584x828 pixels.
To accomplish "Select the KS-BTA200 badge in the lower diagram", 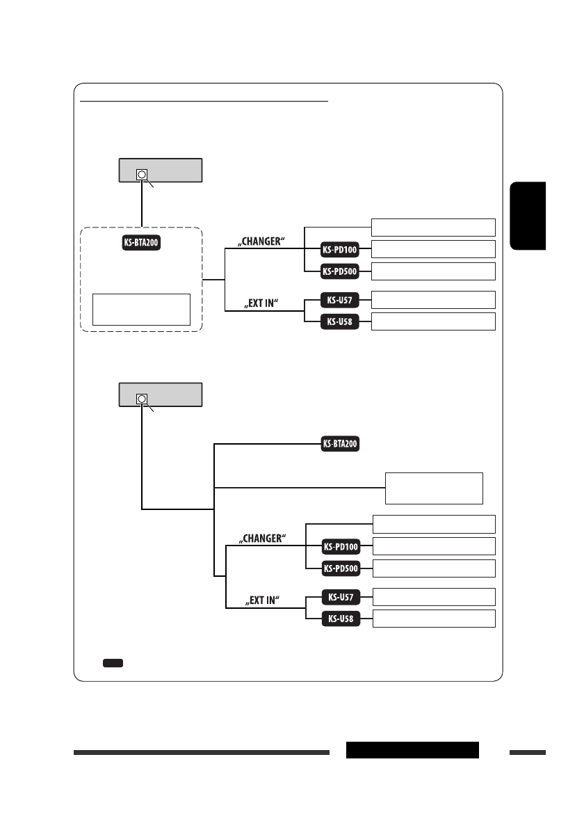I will (341, 445).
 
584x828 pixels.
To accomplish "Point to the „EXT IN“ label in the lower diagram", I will (261, 599).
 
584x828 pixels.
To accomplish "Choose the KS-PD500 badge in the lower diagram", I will (341, 568).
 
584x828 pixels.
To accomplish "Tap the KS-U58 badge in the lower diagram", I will (341, 619).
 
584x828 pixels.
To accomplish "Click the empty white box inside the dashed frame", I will (141, 309).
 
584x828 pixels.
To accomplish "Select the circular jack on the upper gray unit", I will (142, 174).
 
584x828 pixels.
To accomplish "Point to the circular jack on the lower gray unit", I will (142, 399).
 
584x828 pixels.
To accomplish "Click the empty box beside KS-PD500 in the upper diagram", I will (433, 271).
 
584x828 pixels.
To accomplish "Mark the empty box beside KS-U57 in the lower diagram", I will (434, 596).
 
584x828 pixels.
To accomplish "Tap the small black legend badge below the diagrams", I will (113, 663).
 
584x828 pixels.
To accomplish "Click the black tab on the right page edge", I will (528, 216).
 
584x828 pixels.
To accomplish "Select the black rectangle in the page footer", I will (412, 750).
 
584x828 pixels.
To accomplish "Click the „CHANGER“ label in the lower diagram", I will (263, 539).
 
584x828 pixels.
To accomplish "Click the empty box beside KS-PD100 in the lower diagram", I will (434, 546).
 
